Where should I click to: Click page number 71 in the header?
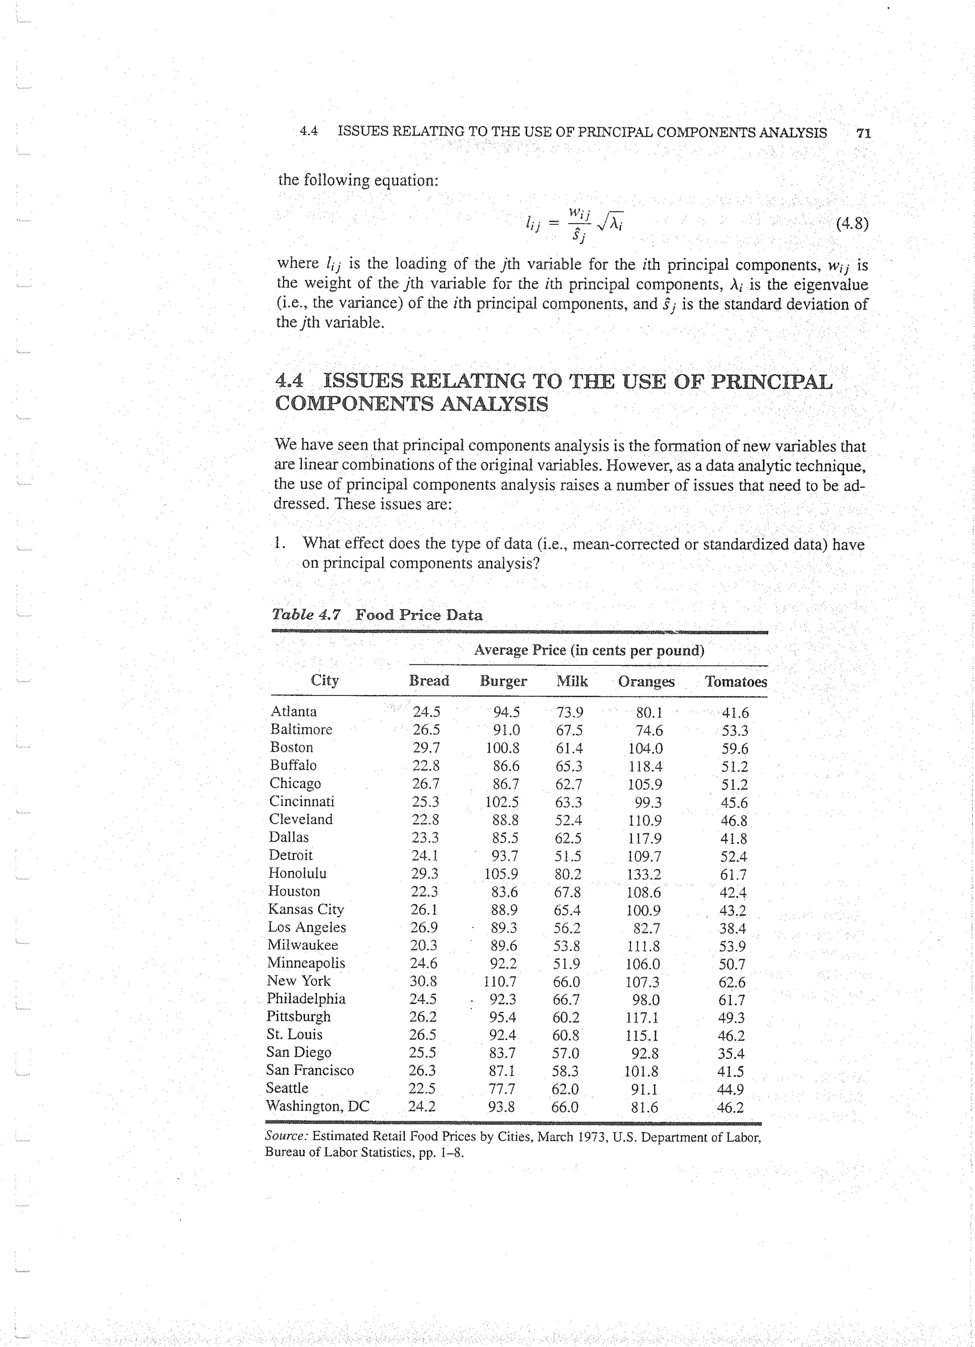tap(863, 134)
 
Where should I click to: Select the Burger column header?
tap(503, 681)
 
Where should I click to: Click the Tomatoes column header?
tap(736, 682)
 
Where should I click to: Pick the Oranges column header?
tap(646, 682)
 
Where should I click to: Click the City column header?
tap(324, 681)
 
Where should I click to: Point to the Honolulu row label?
tap(297, 873)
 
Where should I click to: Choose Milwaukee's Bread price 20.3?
tap(424, 945)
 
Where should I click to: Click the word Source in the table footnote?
tap(287, 1137)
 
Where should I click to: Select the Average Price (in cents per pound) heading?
tap(588, 650)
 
